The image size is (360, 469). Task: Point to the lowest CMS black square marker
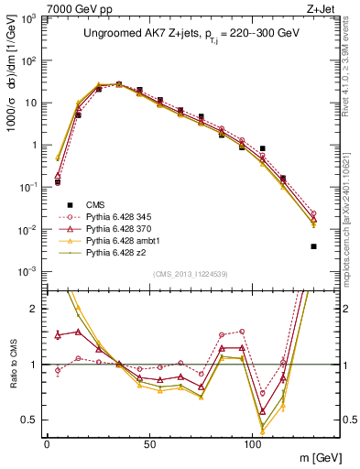[x=313, y=246]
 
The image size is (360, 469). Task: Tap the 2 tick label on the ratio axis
[x=36, y=309]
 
